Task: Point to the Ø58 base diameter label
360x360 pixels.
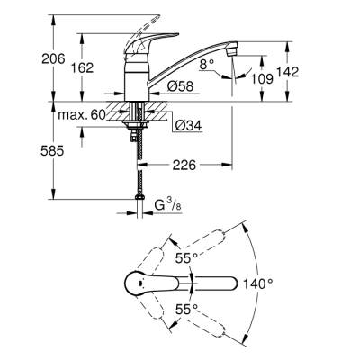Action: click(x=180, y=86)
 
